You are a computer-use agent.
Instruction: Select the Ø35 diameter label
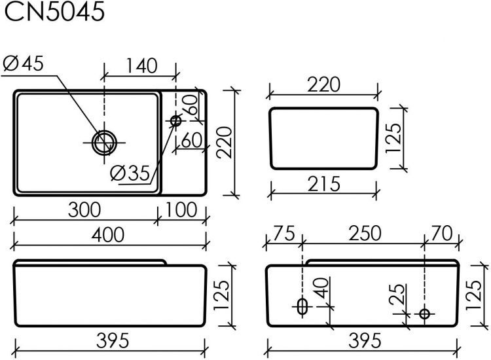[x=130, y=173]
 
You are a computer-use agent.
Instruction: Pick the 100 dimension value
[x=181, y=210]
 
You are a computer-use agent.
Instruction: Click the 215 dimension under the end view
[x=324, y=185]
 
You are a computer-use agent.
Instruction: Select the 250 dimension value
[x=362, y=234]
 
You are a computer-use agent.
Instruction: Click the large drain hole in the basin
[x=104, y=141]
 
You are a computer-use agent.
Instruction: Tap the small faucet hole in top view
[x=176, y=120]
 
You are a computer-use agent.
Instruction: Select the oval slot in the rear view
[x=302, y=306]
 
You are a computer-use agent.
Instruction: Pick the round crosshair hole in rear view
[x=424, y=314]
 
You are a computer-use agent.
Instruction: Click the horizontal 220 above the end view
[x=324, y=85]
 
